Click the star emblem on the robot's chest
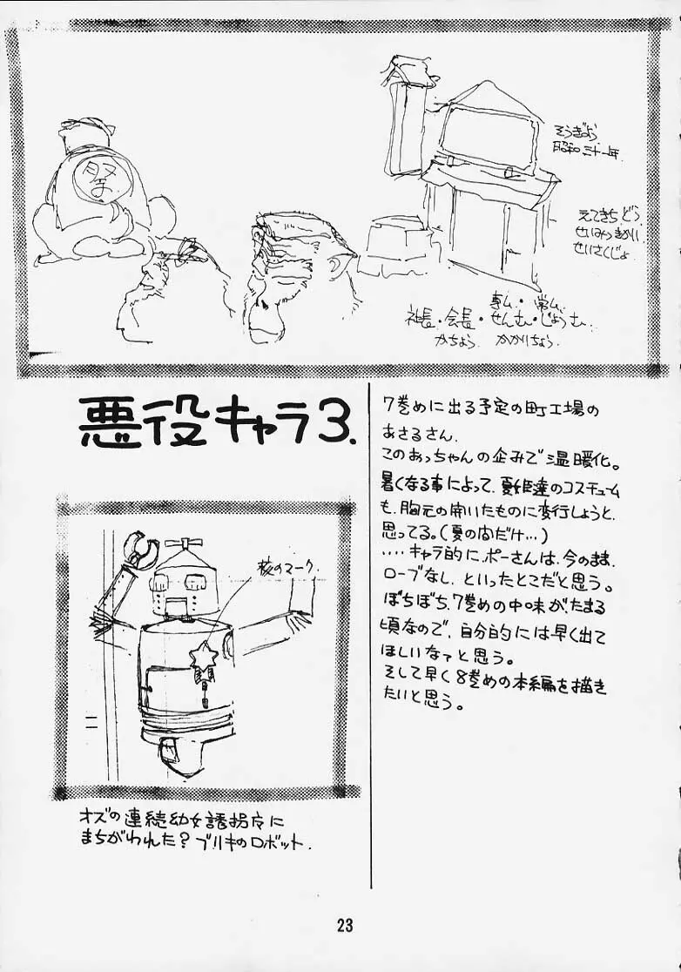click(204, 653)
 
